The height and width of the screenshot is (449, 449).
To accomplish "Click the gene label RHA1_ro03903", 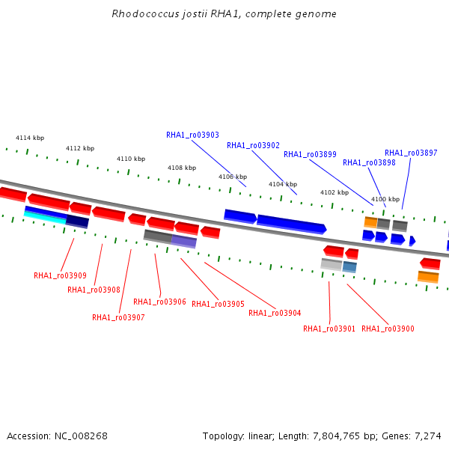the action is click(192, 135).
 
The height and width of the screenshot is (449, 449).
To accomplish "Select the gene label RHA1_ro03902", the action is click(253, 145).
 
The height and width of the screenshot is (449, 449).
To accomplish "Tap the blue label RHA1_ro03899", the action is click(310, 154).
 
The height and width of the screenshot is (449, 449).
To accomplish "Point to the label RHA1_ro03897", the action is click(411, 153).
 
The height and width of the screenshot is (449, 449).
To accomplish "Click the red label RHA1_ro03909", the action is click(60, 275).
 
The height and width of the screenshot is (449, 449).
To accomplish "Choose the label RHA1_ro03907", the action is click(118, 317).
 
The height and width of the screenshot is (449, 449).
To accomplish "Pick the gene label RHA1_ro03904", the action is click(275, 313).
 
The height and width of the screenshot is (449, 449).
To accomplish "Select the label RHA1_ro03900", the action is click(388, 329).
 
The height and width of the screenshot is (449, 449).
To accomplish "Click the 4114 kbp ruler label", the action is click(30, 138).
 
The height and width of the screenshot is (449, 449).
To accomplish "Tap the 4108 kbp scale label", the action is click(182, 168).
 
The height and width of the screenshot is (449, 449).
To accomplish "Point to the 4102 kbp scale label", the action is click(335, 192).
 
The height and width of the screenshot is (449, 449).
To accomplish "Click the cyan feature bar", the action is click(45, 217).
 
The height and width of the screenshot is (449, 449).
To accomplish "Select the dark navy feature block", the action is click(77, 222).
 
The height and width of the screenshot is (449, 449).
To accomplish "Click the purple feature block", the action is click(184, 241).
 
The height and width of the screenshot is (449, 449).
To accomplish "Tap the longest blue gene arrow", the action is click(292, 224).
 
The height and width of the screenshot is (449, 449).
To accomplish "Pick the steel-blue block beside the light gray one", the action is click(349, 267).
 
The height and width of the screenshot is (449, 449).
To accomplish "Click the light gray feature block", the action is click(332, 264).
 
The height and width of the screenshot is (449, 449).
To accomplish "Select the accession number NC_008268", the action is click(81, 436).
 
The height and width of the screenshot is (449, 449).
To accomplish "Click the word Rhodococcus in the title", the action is click(145, 13).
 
